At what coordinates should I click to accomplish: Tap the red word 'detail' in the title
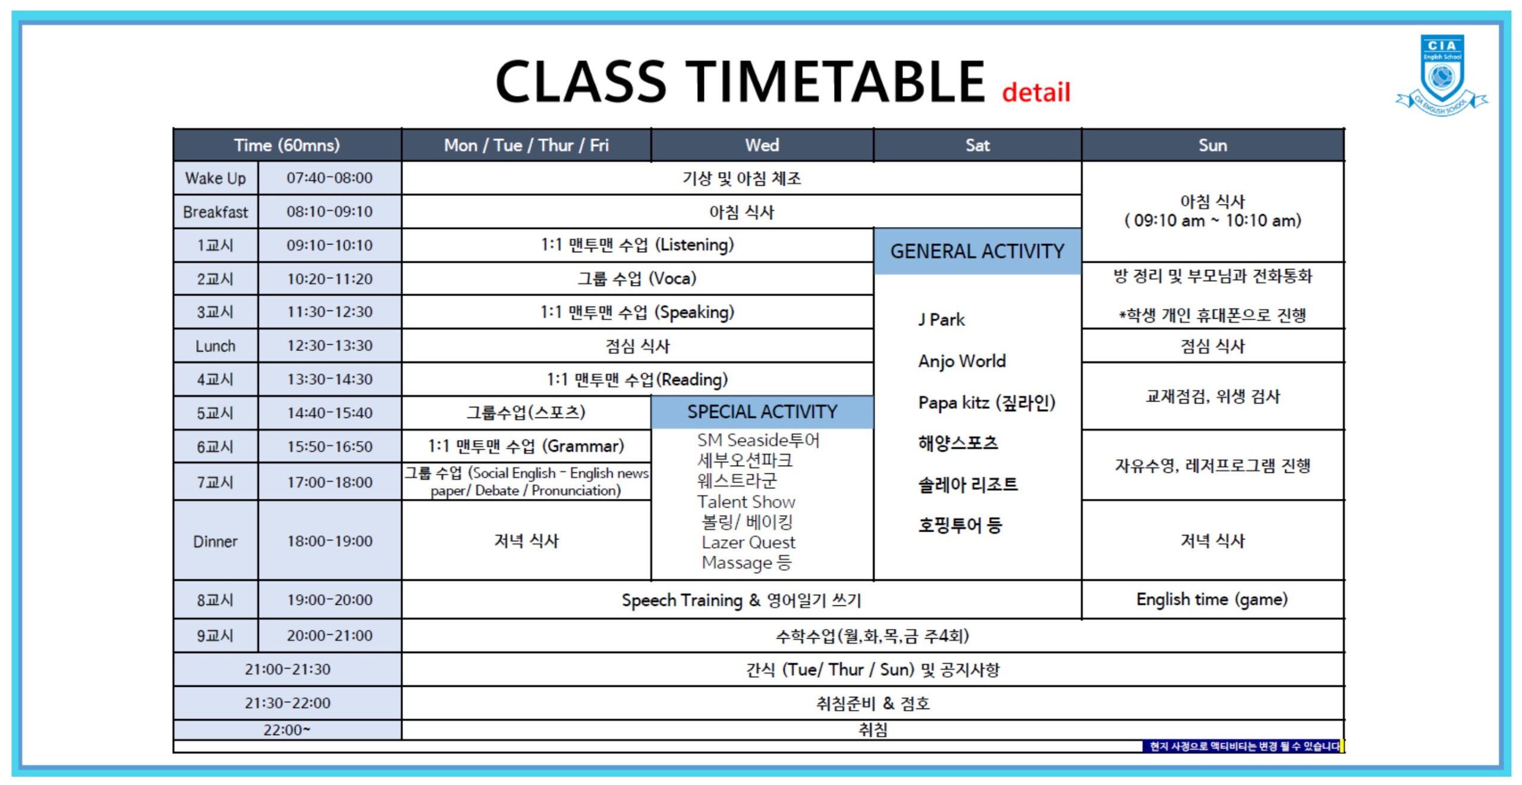click(x=1036, y=92)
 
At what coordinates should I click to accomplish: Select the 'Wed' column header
click(x=762, y=145)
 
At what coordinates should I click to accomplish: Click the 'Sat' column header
click(x=977, y=145)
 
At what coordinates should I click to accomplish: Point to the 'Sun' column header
click(x=1212, y=145)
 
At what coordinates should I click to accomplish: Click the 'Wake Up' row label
click(x=215, y=178)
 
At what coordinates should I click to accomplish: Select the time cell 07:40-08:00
click(x=329, y=178)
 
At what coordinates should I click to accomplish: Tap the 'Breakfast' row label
click(x=215, y=212)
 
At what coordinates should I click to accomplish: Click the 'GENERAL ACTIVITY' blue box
click(x=977, y=251)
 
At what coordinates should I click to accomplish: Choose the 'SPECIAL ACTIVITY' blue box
click(x=762, y=412)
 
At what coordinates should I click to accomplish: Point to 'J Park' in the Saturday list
click(x=941, y=319)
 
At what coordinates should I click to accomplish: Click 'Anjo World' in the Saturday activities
click(x=961, y=361)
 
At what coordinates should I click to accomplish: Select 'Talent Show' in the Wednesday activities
click(x=746, y=502)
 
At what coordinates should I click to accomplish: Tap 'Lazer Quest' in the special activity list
click(x=748, y=542)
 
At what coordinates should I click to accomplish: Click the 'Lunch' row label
click(x=215, y=346)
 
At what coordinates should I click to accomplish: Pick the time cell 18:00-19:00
click(x=329, y=541)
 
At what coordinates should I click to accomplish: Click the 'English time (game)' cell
click(x=1212, y=599)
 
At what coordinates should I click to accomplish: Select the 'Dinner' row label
click(x=215, y=541)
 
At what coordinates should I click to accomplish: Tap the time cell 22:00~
click(x=287, y=730)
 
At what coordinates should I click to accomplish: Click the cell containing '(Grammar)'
click(x=526, y=446)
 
